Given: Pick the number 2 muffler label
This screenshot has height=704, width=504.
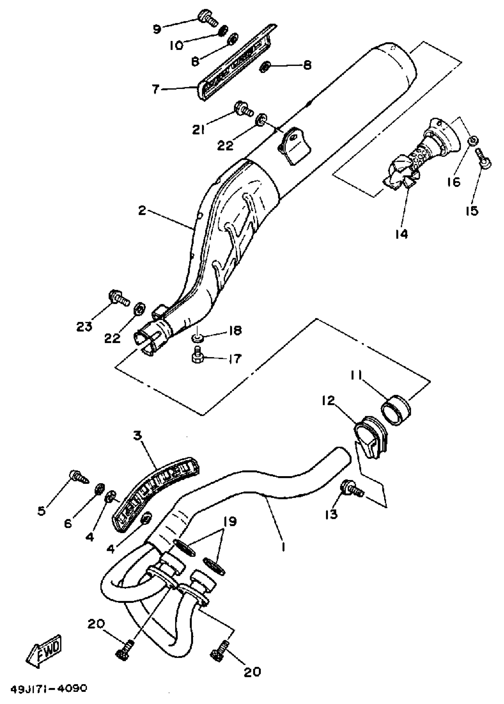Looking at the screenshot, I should [x=142, y=211].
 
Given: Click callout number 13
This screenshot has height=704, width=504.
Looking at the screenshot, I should [x=331, y=514].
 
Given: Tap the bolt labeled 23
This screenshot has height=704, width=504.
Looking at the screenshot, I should [x=118, y=297].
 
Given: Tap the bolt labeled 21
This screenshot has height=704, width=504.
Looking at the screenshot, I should [x=243, y=109].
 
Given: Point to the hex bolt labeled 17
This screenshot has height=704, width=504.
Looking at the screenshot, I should [x=197, y=356].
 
